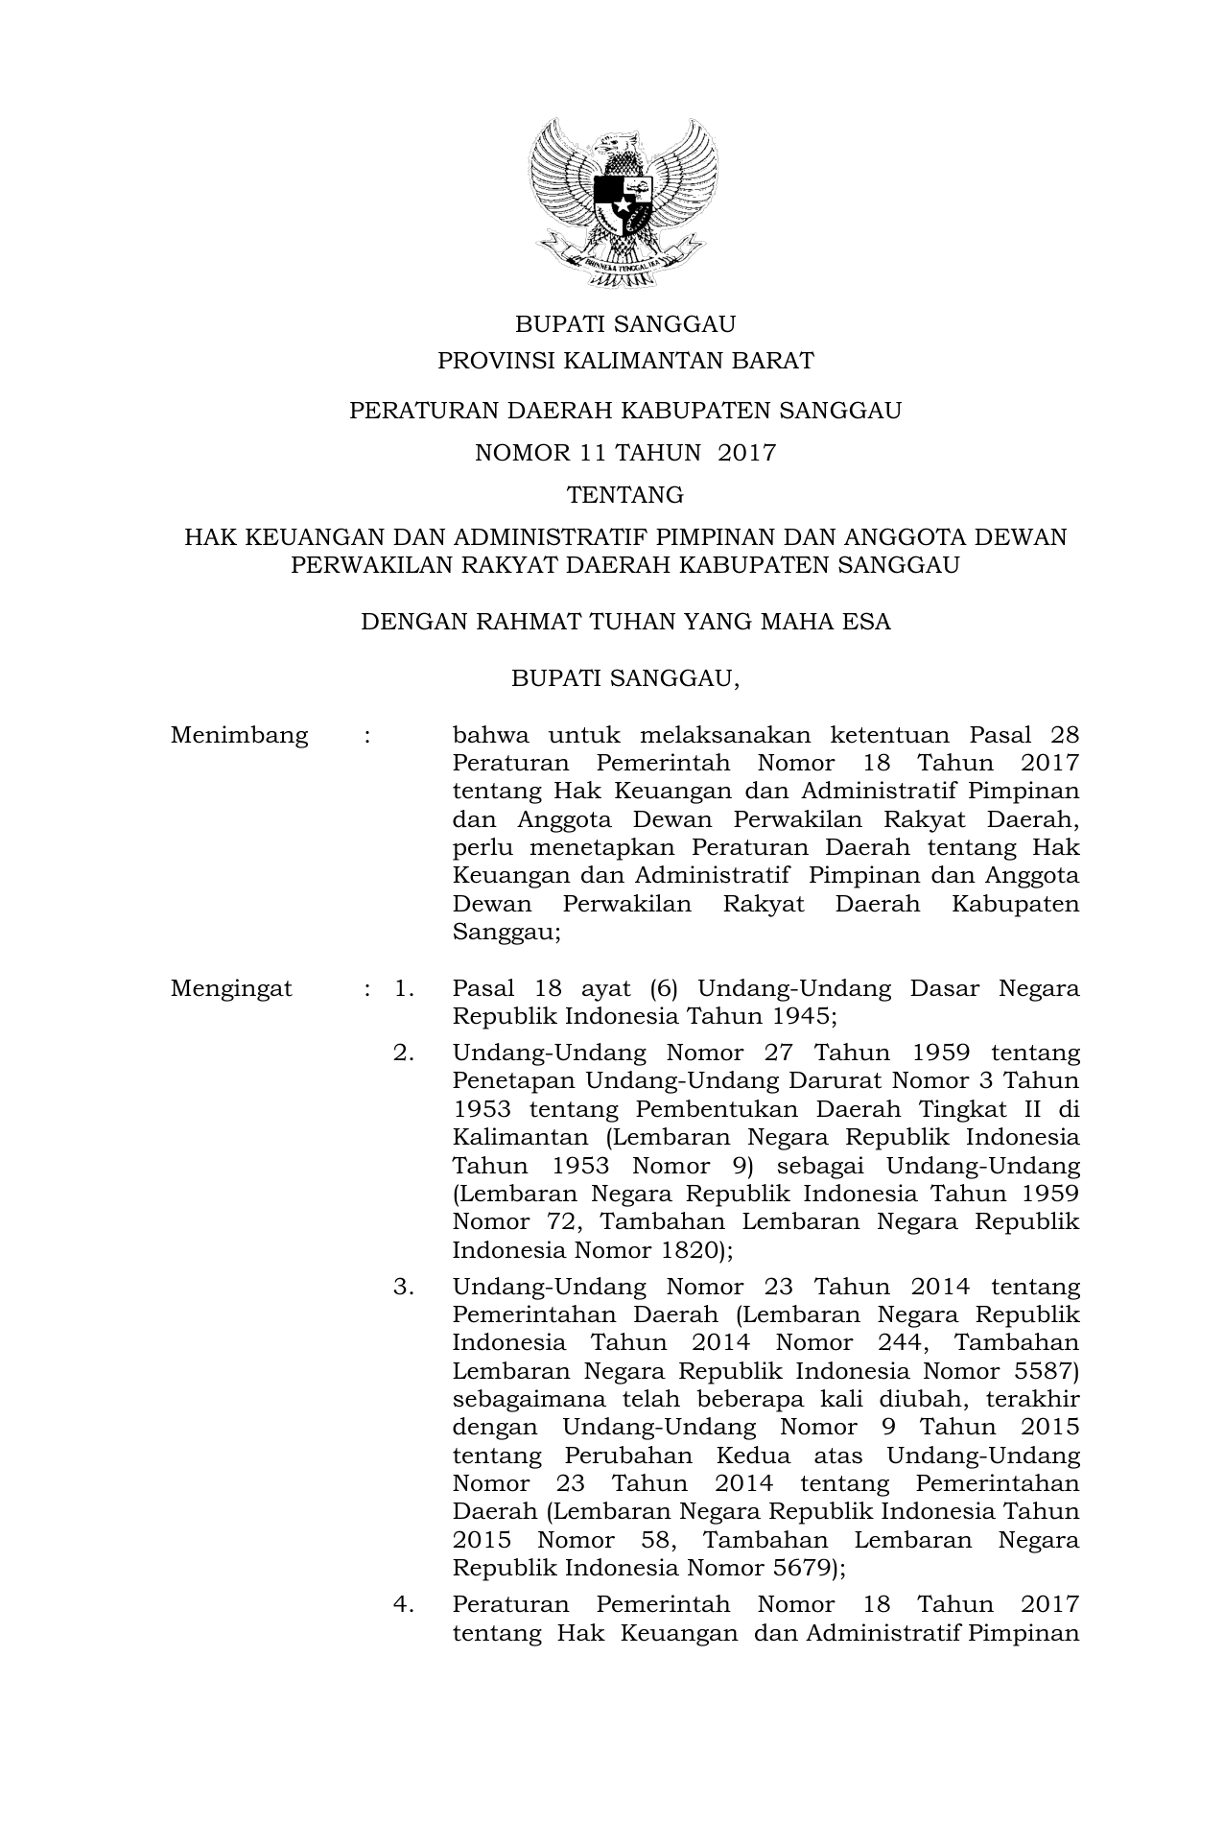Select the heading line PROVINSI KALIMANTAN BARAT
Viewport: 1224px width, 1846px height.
(x=625, y=362)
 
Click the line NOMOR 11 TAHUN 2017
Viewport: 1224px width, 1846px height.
(x=625, y=453)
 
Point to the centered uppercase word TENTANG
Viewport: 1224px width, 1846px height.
(x=625, y=495)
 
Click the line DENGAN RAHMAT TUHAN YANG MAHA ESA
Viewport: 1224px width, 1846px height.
(x=625, y=622)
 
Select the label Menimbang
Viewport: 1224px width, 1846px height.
(x=239, y=736)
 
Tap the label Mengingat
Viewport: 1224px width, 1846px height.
(x=231, y=989)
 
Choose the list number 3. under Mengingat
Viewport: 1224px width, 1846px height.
(x=404, y=1288)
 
